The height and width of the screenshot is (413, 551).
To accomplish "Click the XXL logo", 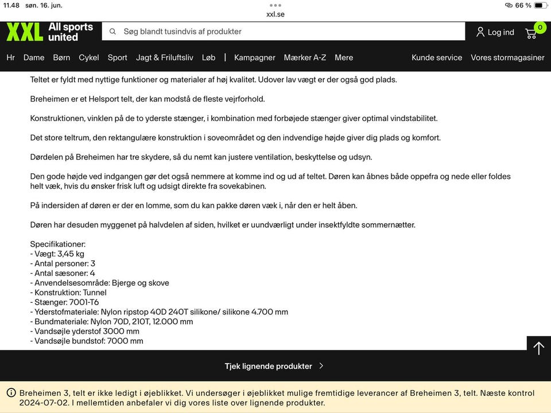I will (25, 32).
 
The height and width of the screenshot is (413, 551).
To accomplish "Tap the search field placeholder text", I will (183, 32).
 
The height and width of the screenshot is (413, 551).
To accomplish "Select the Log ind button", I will (495, 32).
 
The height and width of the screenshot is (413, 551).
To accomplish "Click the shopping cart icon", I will (531, 33).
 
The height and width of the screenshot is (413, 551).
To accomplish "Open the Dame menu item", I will (34, 57).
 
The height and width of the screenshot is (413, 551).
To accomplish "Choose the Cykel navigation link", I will (89, 57).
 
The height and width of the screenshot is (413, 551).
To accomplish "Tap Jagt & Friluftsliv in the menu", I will (165, 57).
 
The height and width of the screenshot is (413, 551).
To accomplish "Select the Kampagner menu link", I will (255, 57).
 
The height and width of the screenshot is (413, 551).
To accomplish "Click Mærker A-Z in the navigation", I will (305, 57).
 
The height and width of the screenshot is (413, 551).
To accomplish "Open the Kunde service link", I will (437, 57).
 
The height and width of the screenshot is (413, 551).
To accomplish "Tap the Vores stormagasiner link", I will (507, 57).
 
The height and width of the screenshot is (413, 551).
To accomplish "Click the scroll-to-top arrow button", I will (538, 348).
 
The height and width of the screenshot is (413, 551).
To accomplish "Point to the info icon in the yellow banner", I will (11, 393).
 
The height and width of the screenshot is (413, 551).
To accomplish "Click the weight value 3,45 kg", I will (71, 254).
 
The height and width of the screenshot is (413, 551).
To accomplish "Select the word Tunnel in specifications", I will (95, 293).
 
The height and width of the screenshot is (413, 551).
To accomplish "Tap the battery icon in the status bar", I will (540, 5).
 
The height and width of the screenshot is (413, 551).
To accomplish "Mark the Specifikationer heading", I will (58, 244).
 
